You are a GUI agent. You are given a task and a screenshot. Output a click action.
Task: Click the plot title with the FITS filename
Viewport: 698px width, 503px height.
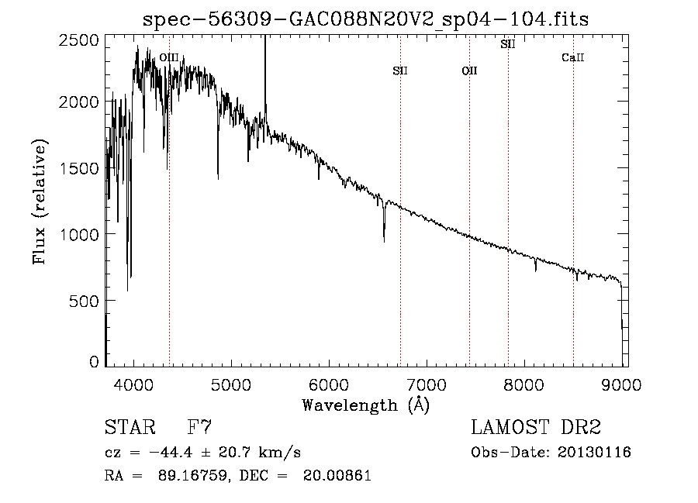coord(365,19)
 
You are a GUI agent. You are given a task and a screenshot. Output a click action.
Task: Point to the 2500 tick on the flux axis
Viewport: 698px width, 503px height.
coord(79,40)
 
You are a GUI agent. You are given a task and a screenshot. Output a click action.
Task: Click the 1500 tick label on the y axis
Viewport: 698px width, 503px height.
coord(79,168)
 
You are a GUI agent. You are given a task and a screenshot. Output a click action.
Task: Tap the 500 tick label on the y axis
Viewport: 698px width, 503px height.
coord(84,301)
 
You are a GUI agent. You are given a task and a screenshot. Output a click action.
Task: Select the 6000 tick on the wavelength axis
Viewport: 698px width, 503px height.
coord(330,384)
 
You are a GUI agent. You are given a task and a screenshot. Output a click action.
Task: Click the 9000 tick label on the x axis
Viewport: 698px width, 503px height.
coord(622,384)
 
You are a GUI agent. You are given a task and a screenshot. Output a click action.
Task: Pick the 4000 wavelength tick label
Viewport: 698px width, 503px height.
coord(133,384)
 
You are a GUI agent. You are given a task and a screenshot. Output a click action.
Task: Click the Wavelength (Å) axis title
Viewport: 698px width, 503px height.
coord(366,405)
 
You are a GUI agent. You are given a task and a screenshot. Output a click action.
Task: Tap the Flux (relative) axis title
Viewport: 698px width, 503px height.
coord(40,202)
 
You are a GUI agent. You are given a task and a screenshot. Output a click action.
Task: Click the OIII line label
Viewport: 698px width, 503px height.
coord(169,57)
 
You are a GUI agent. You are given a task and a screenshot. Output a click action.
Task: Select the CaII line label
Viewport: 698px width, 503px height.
coord(573,57)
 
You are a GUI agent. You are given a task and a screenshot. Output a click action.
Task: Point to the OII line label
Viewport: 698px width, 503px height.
coord(469,71)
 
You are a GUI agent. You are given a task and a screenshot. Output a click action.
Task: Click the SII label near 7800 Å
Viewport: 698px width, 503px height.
coord(508,44)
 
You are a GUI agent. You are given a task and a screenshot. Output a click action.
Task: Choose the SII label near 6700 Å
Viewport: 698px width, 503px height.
coord(400,71)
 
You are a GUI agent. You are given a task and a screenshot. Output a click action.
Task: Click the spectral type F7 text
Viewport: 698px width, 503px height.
coord(199,427)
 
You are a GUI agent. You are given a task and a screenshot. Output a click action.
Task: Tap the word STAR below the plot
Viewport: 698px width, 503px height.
coord(130,427)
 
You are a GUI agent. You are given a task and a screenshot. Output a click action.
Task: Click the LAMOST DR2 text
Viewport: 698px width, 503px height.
coord(536,427)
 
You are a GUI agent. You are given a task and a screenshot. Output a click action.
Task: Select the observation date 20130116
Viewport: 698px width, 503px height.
coord(594,453)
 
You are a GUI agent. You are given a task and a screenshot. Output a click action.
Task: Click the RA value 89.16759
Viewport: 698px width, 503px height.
coord(192,475)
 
